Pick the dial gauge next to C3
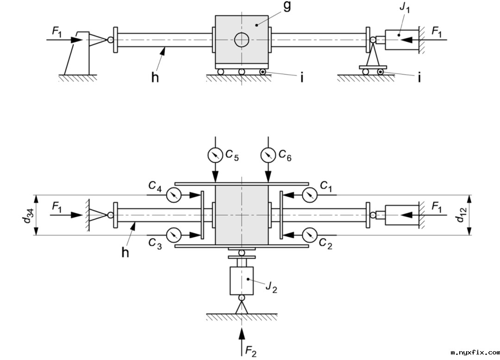[x=174, y=235]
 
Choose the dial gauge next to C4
[x=174, y=195]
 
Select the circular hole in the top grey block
[x=241, y=40]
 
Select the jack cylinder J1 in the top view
[x=400, y=40]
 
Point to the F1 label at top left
[x=57, y=31]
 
